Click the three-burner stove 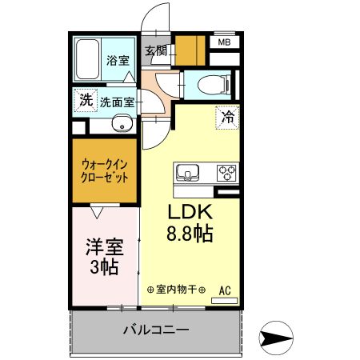coord(226,172)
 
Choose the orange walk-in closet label coord(105,171)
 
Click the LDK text coord(189,213)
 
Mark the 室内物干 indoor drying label coord(177,290)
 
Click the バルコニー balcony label coord(155,330)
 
